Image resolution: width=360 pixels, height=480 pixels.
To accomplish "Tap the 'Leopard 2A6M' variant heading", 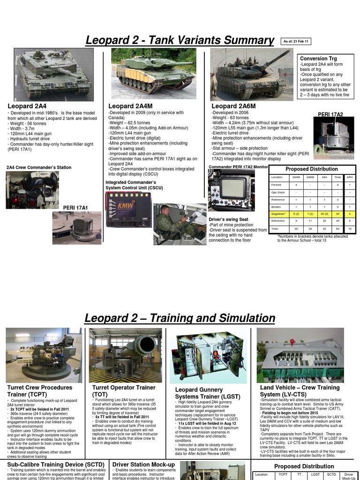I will pyautogui.click(x=233, y=106).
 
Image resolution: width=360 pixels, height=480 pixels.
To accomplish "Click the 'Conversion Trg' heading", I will pyautogui.click(x=318, y=58).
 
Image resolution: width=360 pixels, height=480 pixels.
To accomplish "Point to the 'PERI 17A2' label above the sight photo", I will pyautogui.click(x=330, y=114).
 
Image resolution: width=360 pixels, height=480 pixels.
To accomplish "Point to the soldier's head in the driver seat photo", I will pyautogui.click(x=165, y=210).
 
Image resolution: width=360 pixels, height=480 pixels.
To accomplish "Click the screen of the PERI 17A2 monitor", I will pyautogui.click(x=232, y=188).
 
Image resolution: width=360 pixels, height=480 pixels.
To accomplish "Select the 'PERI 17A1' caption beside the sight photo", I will pyautogui.click(x=75, y=207).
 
